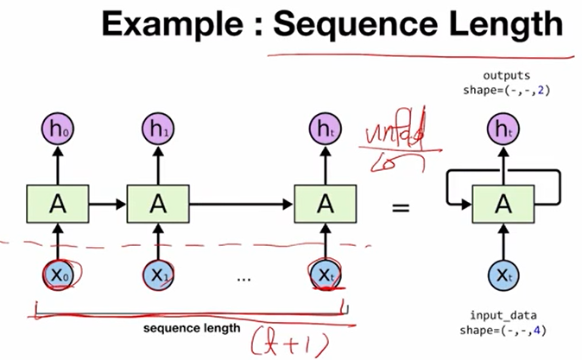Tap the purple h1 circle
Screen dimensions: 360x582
click(x=157, y=130)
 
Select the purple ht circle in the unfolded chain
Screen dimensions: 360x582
click(x=324, y=130)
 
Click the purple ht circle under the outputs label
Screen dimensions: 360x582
click(x=502, y=130)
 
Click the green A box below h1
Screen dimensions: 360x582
click(x=157, y=204)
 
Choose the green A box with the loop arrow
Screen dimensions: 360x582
click(x=502, y=204)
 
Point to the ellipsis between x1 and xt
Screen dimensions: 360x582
click(x=242, y=278)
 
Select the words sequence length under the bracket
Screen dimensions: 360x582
click(x=190, y=327)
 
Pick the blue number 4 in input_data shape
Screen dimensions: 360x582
click(x=541, y=331)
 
